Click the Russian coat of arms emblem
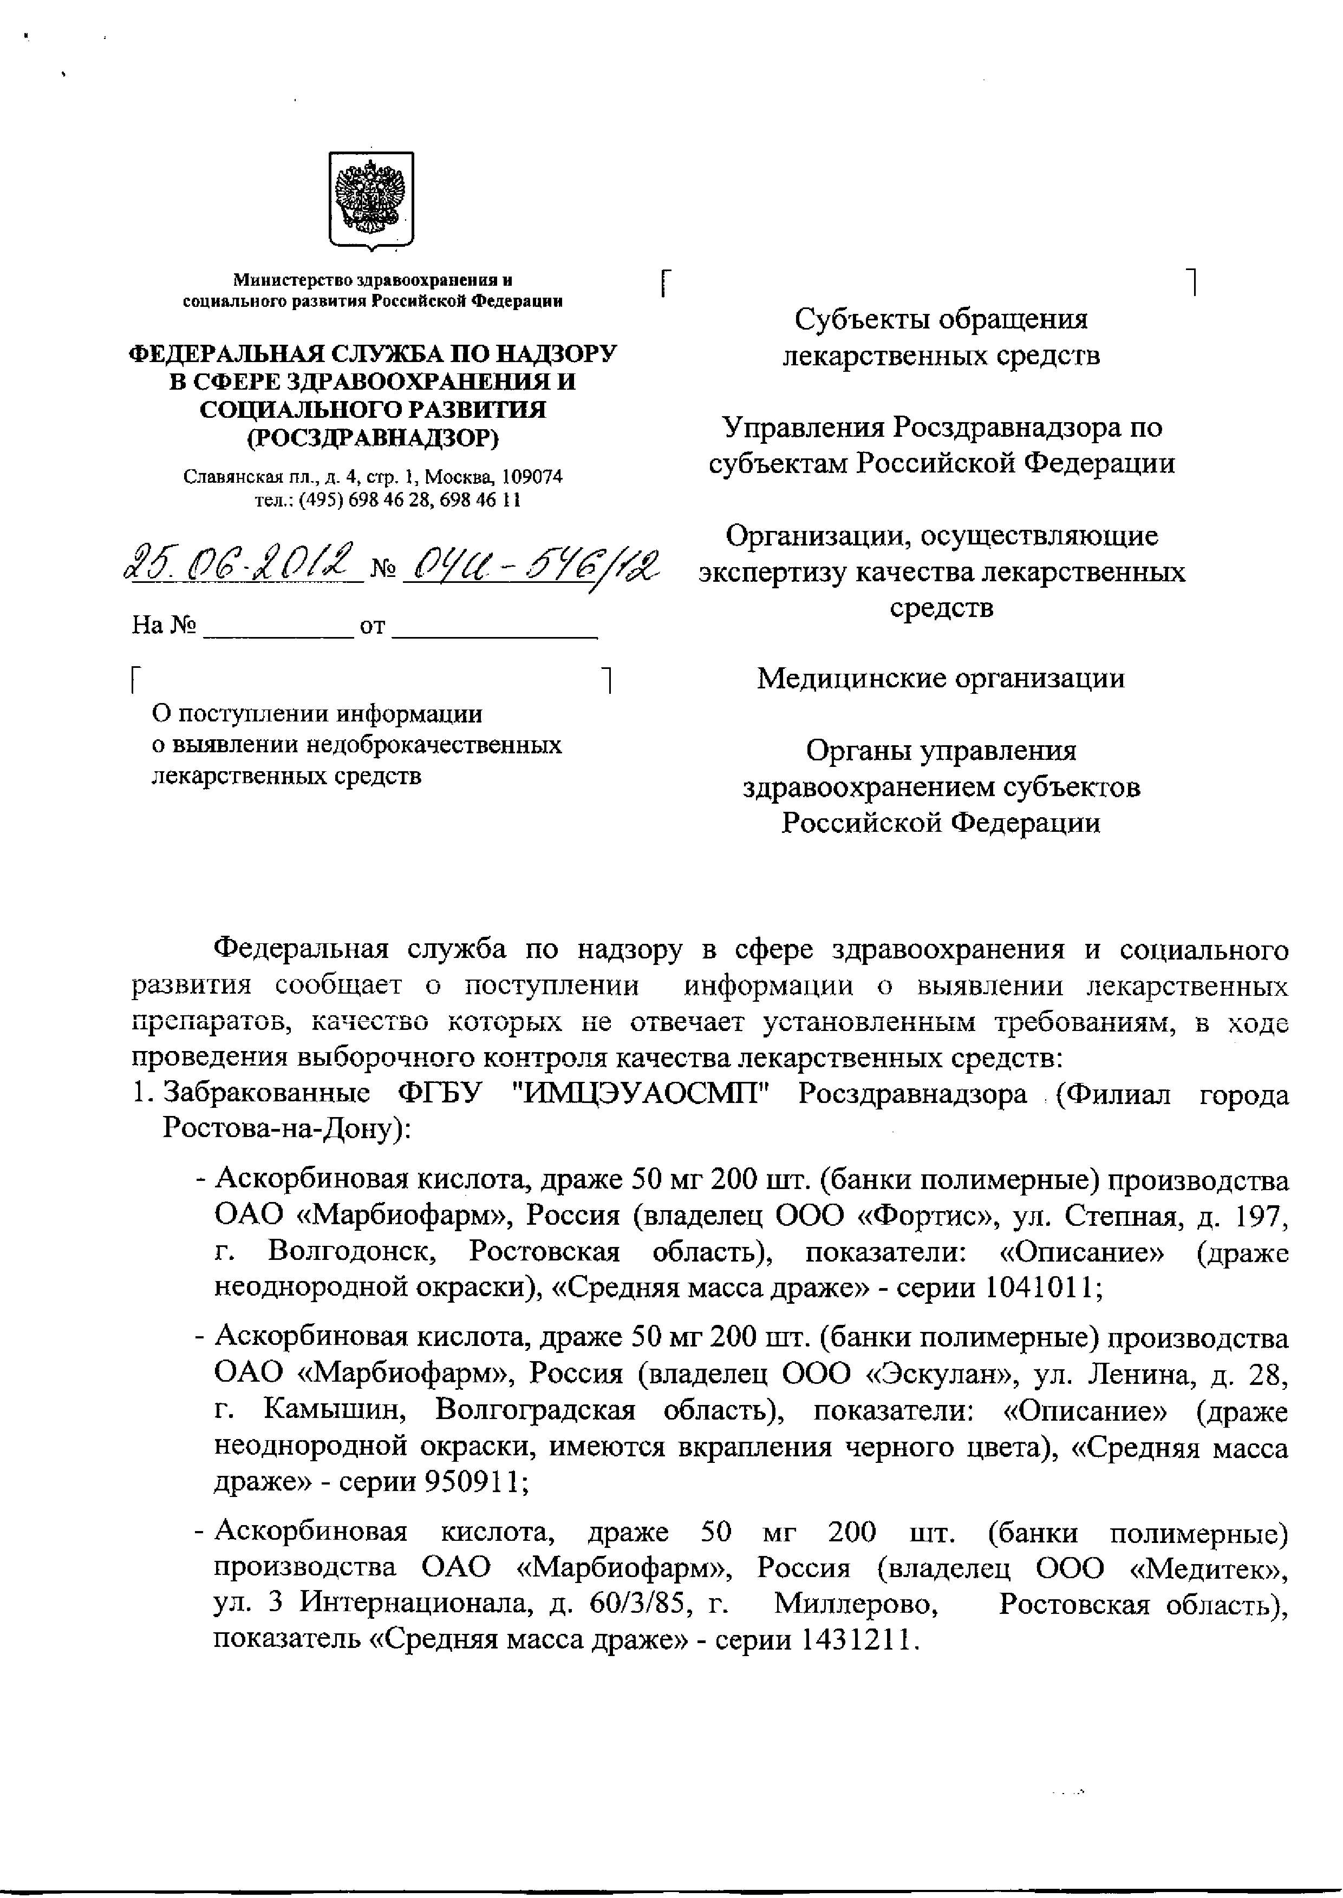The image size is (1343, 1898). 371,199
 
